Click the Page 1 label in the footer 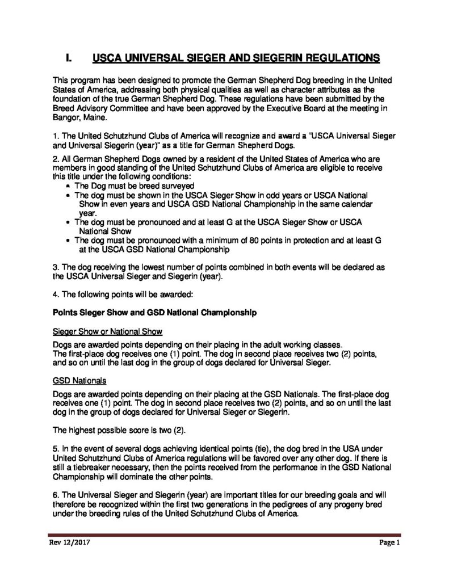pyautogui.click(x=390, y=542)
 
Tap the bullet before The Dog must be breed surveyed pyautogui.click(x=69, y=186)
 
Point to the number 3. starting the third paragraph pyautogui.click(x=55, y=267)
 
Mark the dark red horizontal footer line pyautogui.click(x=224, y=534)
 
